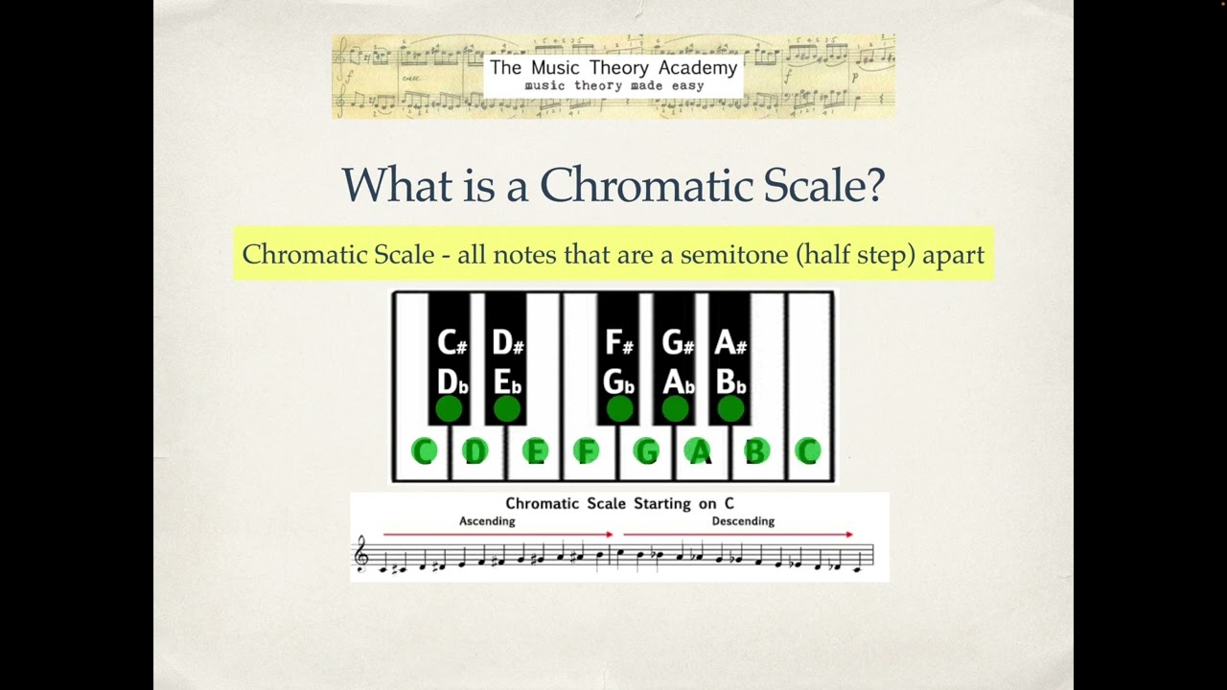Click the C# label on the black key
tap(451, 342)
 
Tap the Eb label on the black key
tap(506, 381)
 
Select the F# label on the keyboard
tap(619, 342)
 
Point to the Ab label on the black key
tap(678, 381)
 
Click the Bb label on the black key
tap(730, 381)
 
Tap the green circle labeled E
tap(535, 451)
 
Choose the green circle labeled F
tap(586, 451)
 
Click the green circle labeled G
tap(646, 451)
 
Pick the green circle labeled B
tap(756, 451)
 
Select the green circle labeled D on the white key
tap(475, 451)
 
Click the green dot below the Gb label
tap(619, 410)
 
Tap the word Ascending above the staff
tap(487, 521)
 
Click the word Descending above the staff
tap(743, 521)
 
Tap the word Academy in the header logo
tap(698, 68)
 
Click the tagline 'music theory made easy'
tap(613, 85)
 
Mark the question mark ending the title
tap(873, 184)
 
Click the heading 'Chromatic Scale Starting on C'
tap(619, 503)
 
